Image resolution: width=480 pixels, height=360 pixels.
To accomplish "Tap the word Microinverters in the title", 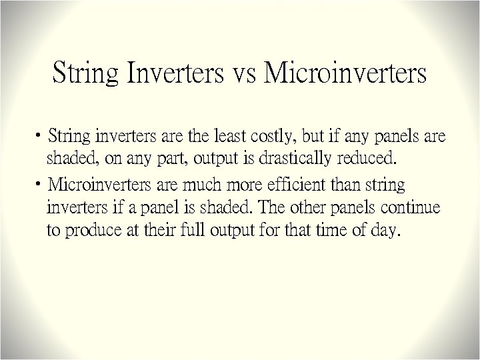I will point(345,73).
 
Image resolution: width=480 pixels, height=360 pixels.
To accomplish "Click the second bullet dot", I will point(41,184).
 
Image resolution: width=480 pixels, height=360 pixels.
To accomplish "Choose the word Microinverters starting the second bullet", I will point(100,183).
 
